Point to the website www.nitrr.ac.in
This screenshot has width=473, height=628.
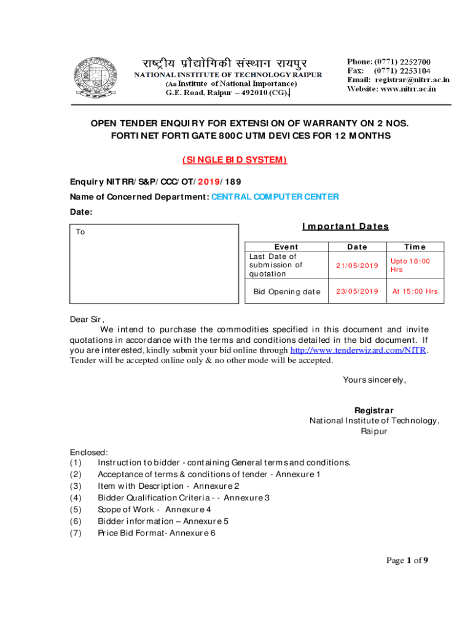point(408,88)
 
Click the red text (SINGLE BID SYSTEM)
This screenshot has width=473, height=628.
point(235,160)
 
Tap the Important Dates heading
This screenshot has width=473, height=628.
point(346,226)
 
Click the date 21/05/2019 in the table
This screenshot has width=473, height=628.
point(358,265)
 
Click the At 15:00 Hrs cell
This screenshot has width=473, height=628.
point(415,291)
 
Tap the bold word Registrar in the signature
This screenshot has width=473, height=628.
point(374,410)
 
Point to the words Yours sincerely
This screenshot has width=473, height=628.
point(374,380)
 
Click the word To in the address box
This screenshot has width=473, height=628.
point(80,232)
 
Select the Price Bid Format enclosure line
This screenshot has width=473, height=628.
point(157,533)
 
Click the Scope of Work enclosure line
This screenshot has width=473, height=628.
point(154,509)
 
